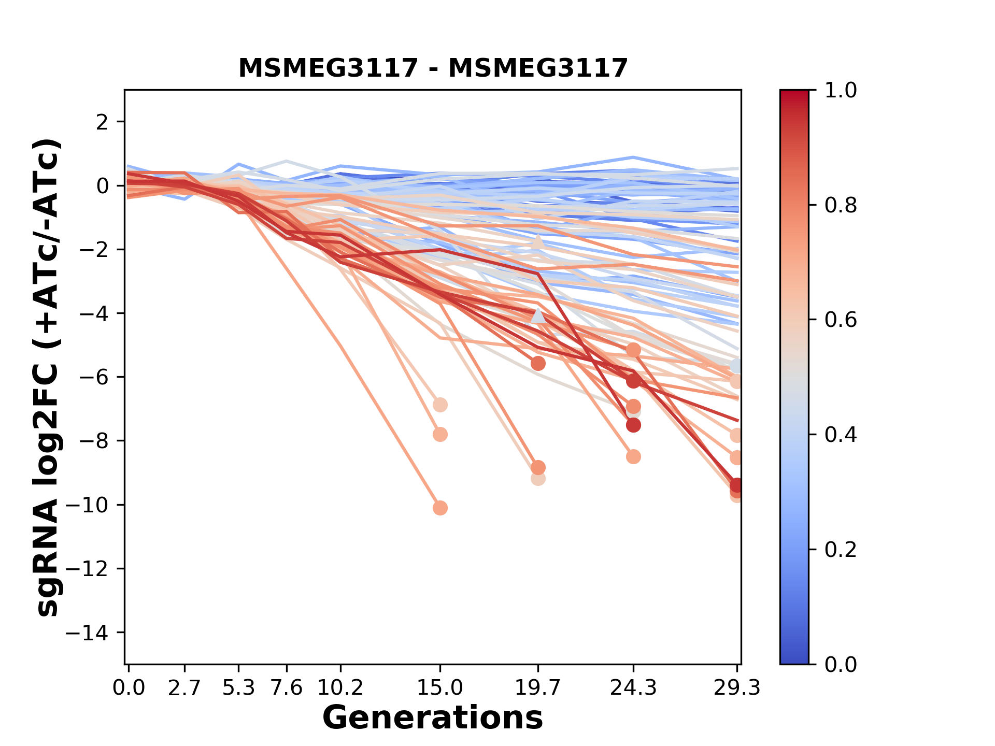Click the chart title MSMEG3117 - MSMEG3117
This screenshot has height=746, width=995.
(433, 68)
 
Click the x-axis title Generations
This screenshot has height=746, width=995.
(433, 718)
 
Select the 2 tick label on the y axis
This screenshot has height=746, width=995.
(102, 122)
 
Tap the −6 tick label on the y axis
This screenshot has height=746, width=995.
(93, 377)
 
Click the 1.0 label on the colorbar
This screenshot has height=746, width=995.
(841, 91)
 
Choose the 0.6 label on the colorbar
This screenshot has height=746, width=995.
(841, 320)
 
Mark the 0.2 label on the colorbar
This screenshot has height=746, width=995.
(841, 550)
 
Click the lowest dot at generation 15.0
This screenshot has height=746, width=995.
(440, 508)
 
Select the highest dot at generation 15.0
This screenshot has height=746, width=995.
(440, 405)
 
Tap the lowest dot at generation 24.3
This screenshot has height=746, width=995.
(633, 456)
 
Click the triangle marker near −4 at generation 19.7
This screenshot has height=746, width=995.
(538, 315)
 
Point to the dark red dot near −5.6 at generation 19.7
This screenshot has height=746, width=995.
(538, 364)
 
